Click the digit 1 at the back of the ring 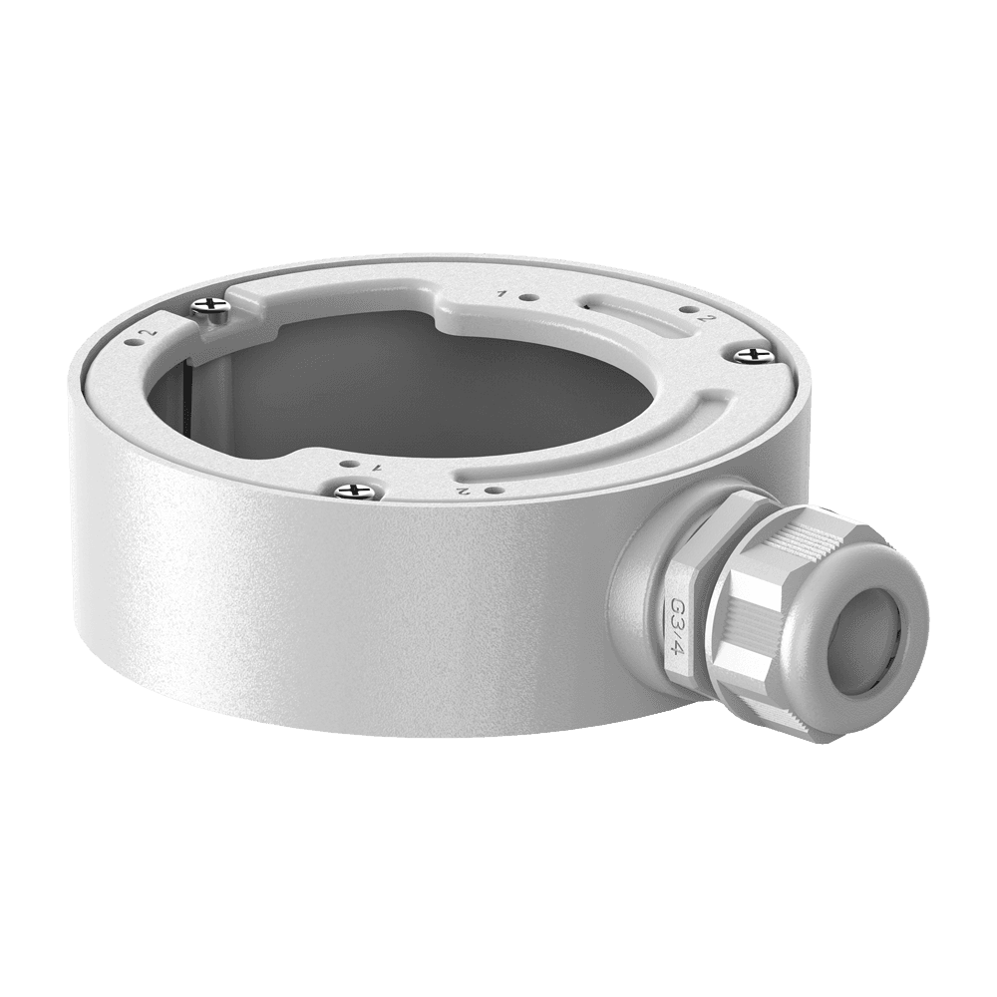501,293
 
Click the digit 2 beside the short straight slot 704,319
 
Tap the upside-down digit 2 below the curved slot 465,491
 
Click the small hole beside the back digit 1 525,297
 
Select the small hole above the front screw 347,465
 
